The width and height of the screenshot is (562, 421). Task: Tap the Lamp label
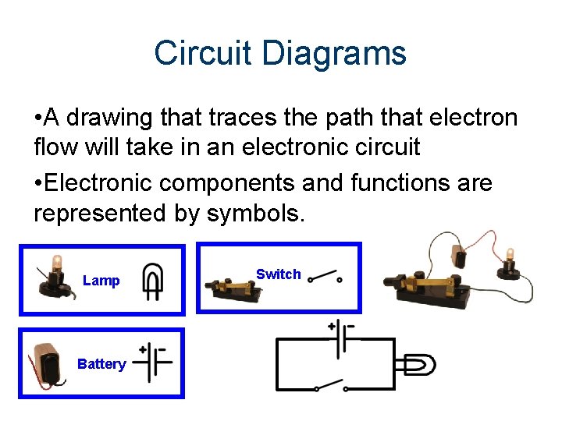(101, 281)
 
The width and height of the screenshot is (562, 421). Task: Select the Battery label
(101, 364)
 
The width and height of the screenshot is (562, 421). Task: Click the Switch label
(278, 274)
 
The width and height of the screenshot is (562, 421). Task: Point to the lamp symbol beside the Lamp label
(152, 281)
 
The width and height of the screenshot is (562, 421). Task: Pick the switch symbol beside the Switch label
(325, 277)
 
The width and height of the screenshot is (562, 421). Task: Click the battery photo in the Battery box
(47, 363)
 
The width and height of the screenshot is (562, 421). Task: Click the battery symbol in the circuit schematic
(341, 341)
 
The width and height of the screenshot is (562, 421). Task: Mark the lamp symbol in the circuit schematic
(415, 363)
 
